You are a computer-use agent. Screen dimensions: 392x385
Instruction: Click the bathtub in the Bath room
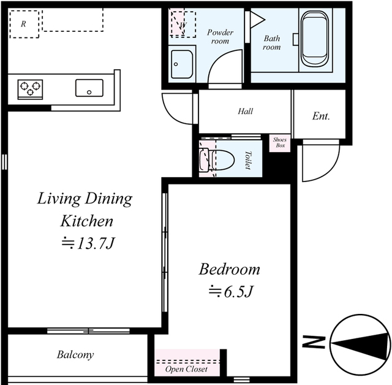click(x=315, y=39)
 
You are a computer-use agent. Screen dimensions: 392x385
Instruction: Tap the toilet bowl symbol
click(x=217, y=161)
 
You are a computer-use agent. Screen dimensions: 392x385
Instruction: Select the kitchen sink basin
click(x=89, y=88)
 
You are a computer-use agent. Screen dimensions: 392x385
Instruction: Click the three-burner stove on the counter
click(x=30, y=89)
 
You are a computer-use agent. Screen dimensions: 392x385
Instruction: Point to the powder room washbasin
click(x=182, y=64)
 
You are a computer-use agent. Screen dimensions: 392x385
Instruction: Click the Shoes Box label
click(x=280, y=142)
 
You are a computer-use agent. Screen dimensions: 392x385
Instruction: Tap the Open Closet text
click(x=186, y=369)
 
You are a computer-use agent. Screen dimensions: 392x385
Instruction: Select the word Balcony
click(x=75, y=355)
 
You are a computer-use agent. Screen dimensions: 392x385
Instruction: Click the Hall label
click(x=245, y=111)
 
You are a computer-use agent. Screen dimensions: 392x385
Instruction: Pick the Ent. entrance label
click(x=321, y=116)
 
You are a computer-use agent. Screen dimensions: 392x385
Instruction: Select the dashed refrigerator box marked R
click(x=24, y=24)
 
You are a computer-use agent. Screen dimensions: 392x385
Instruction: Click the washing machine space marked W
click(x=183, y=25)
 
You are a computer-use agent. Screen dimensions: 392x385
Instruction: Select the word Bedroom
click(x=230, y=269)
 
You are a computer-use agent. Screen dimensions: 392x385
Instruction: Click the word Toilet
click(x=247, y=160)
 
